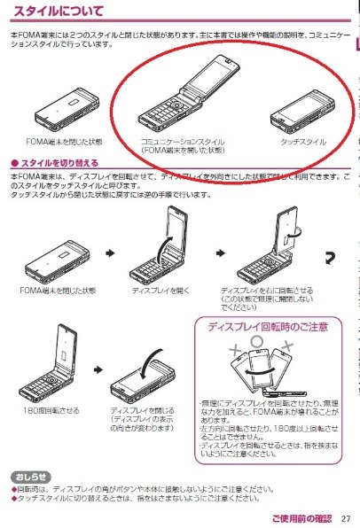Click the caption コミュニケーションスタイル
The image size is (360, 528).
tap(183, 142)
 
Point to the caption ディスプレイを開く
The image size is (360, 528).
tap(155, 290)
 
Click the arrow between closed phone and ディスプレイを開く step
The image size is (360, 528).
tap(110, 253)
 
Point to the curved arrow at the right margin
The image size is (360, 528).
tap(328, 258)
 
